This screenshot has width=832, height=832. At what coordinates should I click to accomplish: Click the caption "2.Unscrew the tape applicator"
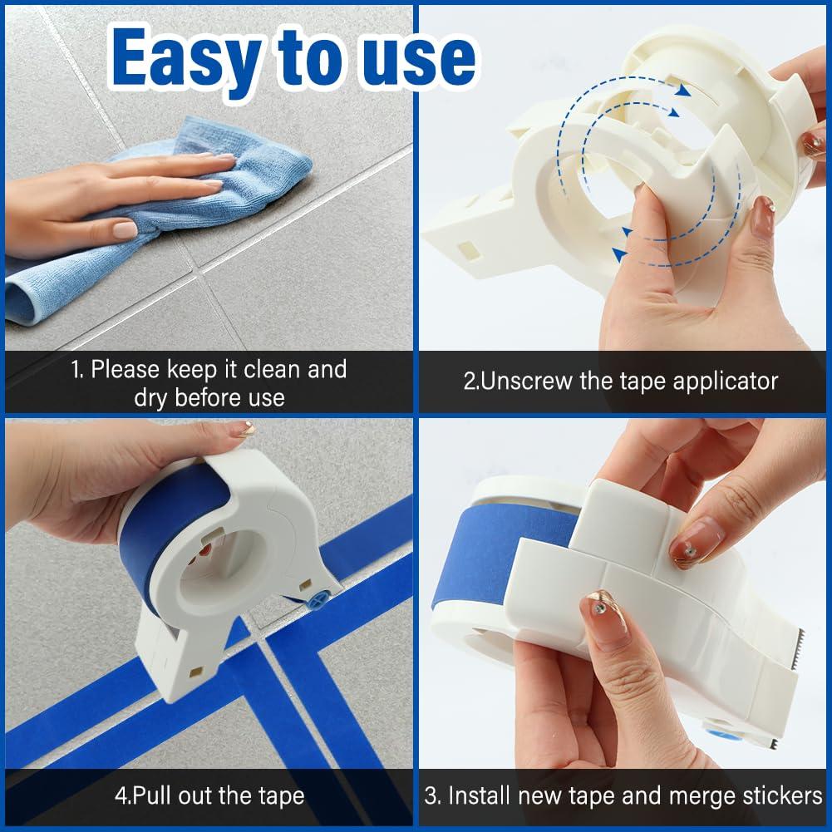620,382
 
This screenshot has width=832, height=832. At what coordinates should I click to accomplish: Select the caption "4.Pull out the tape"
209,795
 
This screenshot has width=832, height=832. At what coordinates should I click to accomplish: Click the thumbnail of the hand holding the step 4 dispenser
242,430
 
